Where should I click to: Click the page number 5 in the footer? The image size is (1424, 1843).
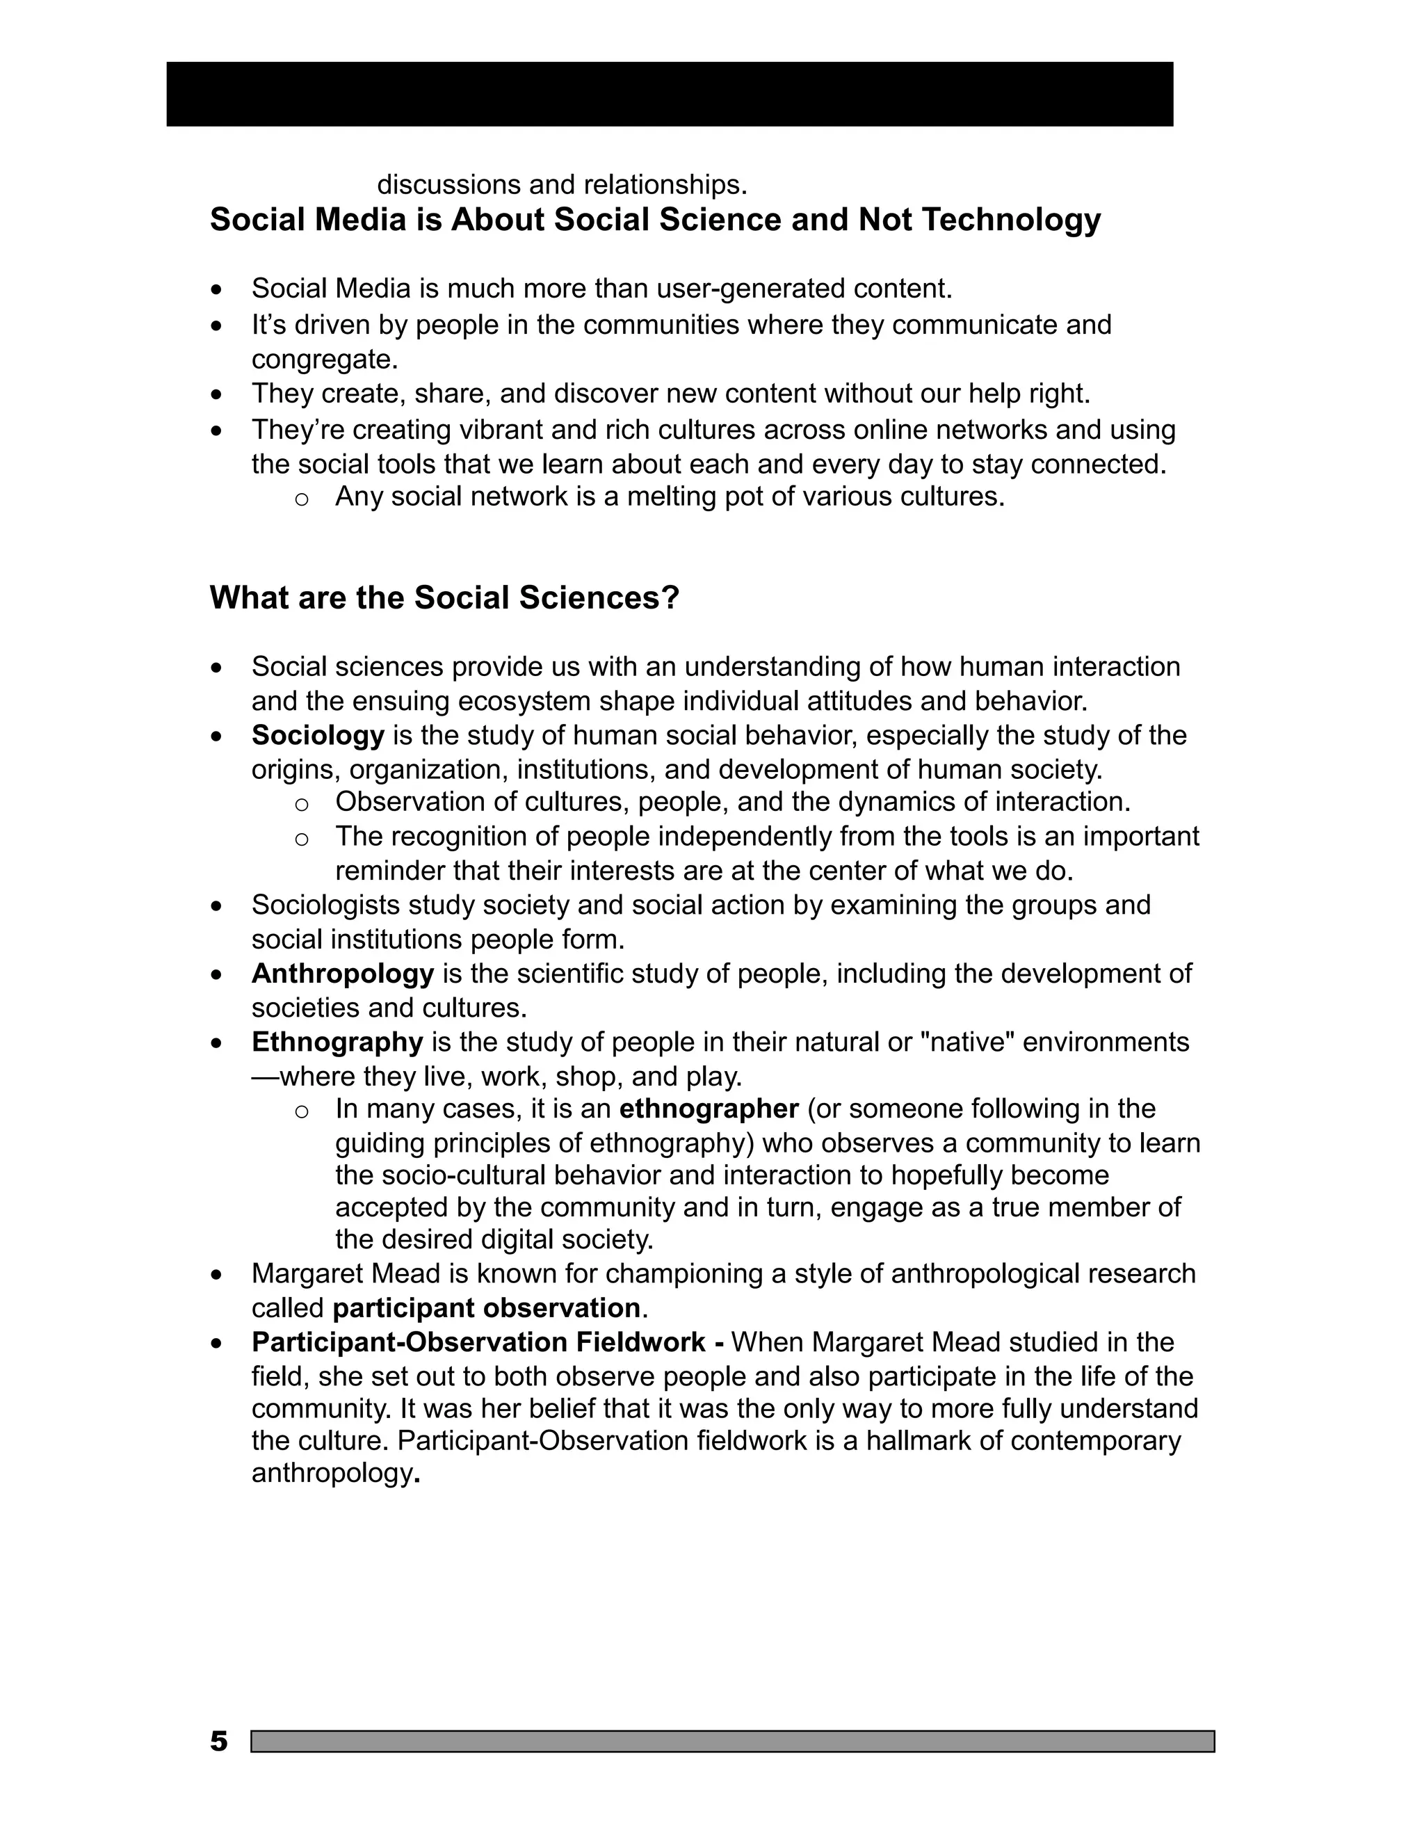tap(218, 1741)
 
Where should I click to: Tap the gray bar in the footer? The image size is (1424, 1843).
tap(732, 1741)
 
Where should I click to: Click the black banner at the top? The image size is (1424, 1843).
tap(669, 94)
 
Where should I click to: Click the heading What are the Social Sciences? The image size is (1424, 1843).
tap(444, 598)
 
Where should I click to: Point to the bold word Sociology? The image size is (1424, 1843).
tap(317, 735)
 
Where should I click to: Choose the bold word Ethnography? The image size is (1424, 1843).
tap(337, 1043)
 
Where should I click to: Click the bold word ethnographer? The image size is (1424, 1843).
tap(708, 1109)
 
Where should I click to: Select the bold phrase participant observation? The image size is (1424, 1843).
tap(486, 1308)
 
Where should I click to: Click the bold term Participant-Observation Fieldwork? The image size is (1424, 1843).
tap(478, 1342)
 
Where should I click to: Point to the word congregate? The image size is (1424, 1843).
tap(324, 360)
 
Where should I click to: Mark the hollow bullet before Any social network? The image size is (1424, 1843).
tap(301, 499)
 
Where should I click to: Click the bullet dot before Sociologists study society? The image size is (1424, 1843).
tap(218, 906)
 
